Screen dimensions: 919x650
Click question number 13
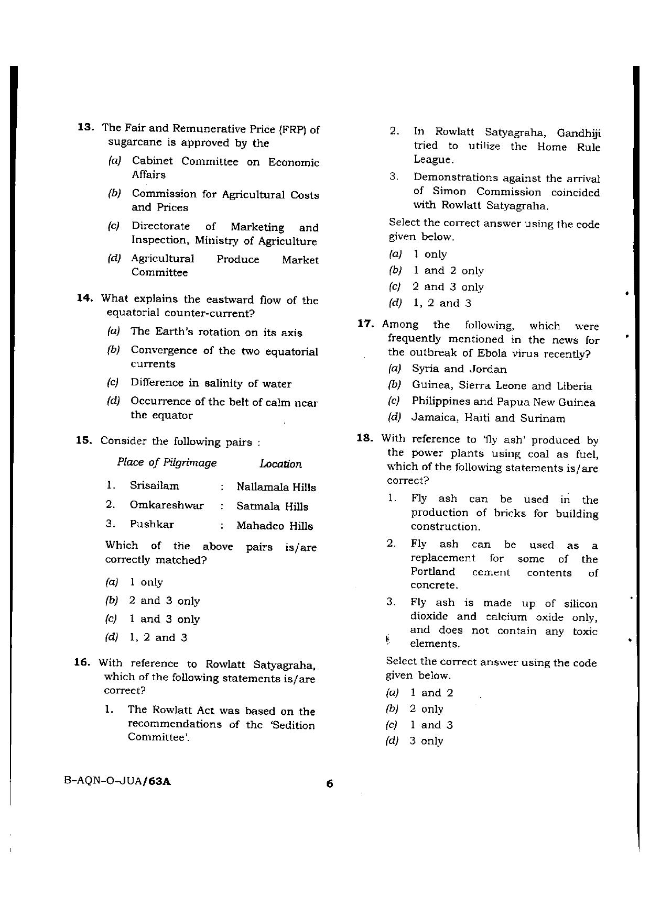click(85, 128)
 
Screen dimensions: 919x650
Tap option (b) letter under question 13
click(114, 194)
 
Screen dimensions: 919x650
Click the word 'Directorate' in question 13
click(160, 227)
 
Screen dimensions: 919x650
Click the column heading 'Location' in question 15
click(280, 464)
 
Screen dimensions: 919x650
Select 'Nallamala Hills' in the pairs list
click(276, 487)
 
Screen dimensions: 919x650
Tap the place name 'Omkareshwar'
click(167, 505)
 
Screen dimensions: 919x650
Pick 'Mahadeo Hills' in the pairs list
click(274, 526)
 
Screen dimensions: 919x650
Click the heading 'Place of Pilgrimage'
click(167, 463)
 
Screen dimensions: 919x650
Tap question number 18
click(365, 439)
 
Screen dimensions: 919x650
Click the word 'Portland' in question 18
click(433, 572)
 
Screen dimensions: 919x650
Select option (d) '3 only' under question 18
click(426, 741)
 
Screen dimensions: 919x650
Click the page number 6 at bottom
click(329, 784)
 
